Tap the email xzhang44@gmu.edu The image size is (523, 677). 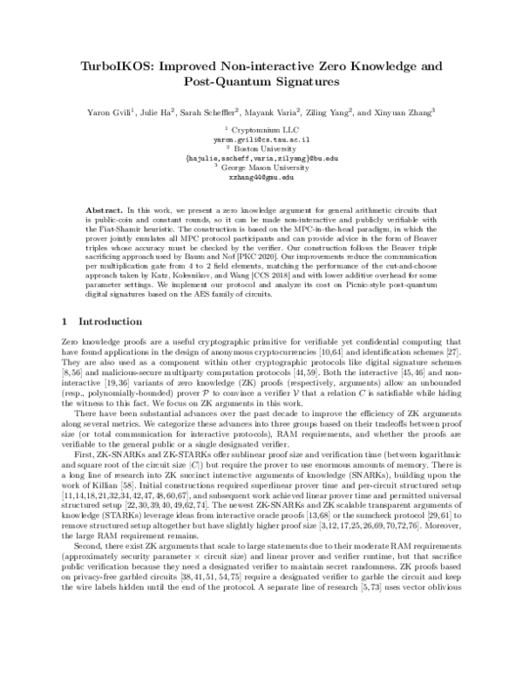tap(262, 175)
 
